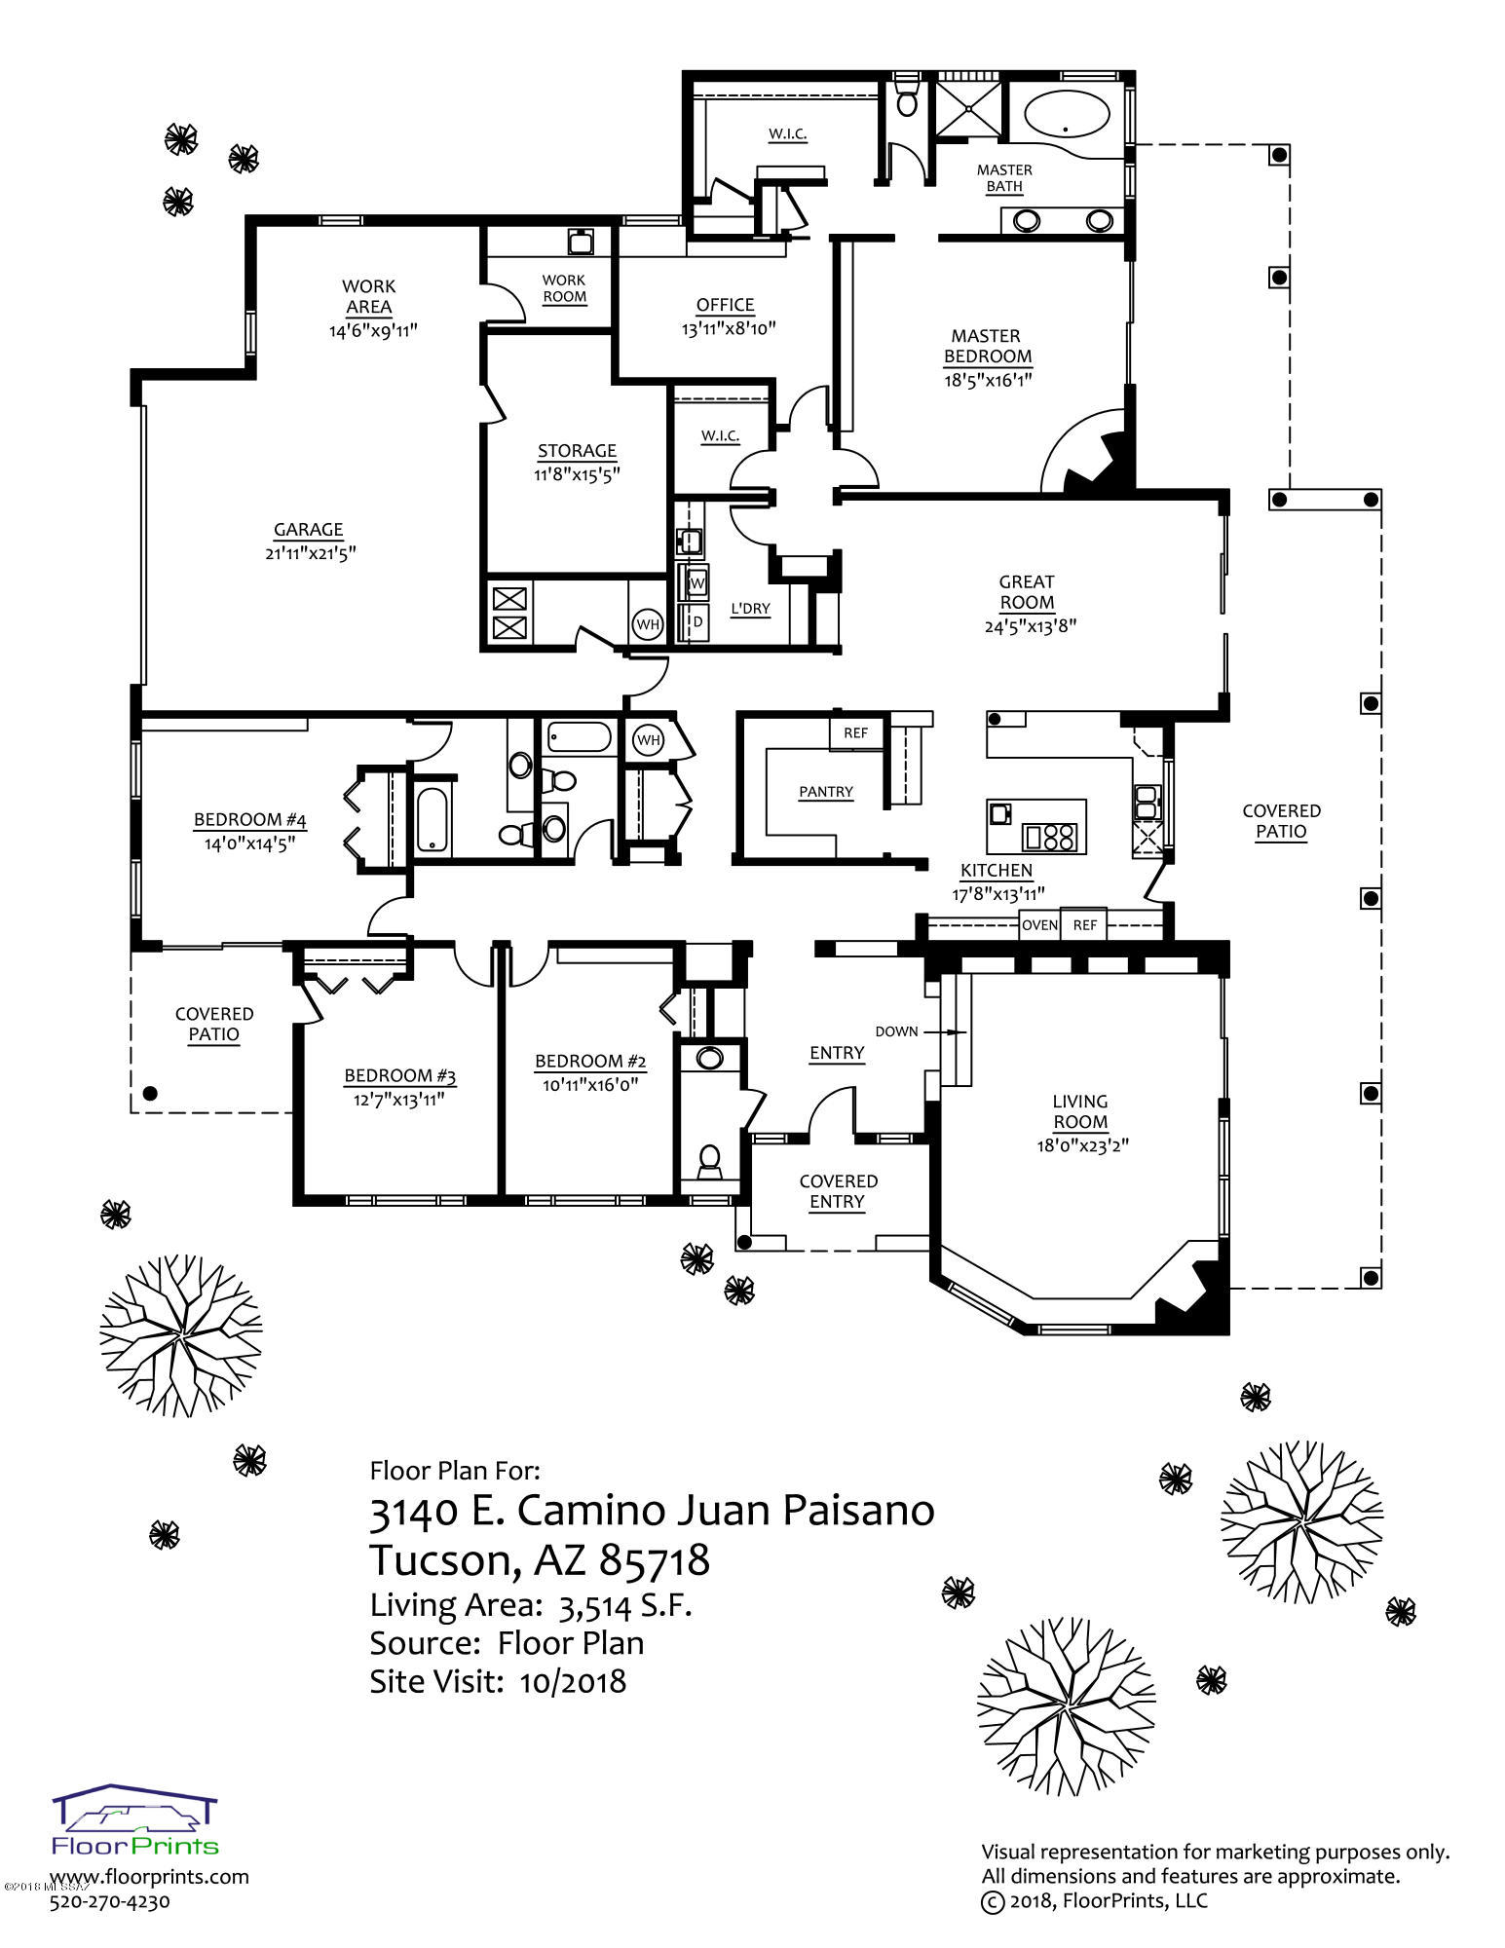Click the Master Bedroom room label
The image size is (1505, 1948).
pyautogui.click(x=987, y=346)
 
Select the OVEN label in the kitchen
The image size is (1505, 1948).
pyautogui.click(x=1039, y=924)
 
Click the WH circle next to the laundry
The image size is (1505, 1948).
pyautogui.click(x=648, y=623)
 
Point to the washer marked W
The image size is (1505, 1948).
pyautogui.click(x=696, y=583)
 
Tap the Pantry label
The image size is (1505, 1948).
pyautogui.click(x=826, y=792)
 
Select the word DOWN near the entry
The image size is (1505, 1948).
pyautogui.click(x=896, y=1030)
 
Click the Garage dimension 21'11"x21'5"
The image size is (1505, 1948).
pyautogui.click(x=309, y=553)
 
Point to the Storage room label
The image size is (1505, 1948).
pyautogui.click(x=578, y=451)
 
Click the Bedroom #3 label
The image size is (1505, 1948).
pyautogui.click(x=400, y=1076)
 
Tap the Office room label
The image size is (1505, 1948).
pyautogui.click(x=726, y=305)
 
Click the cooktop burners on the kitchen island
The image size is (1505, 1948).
pyautogui.click(x=1050, y=836)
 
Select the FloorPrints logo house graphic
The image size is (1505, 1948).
pyautogui.click(x=135, y=1804)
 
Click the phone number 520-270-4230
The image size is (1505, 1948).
pyautogui.click(x=109, y=1900)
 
